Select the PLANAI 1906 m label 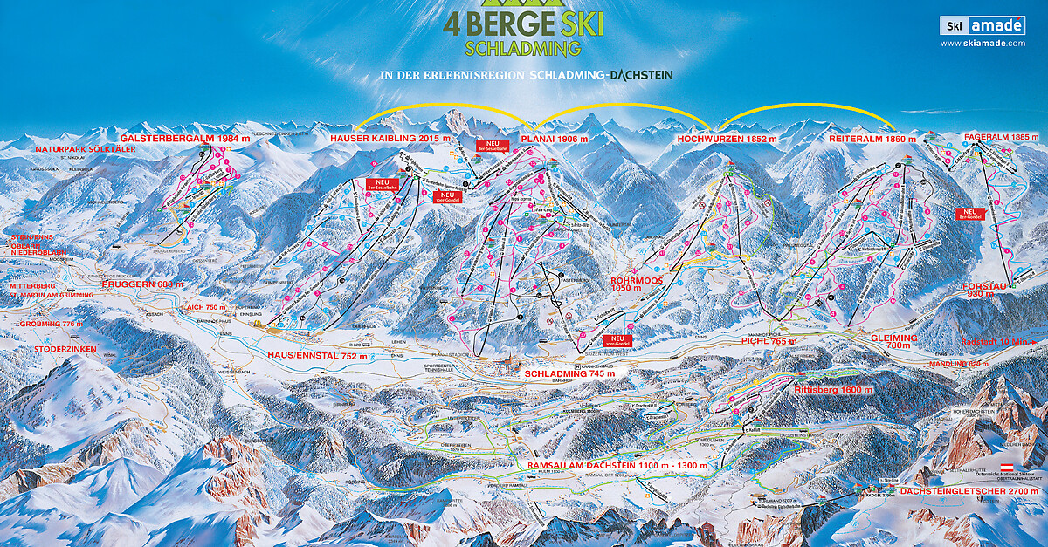tap(554, 139)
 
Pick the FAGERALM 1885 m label tap(1003, 137)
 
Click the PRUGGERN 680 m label tap(142, 284)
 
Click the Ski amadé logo tap(982, 25)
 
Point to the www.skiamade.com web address tap(982, 44)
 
